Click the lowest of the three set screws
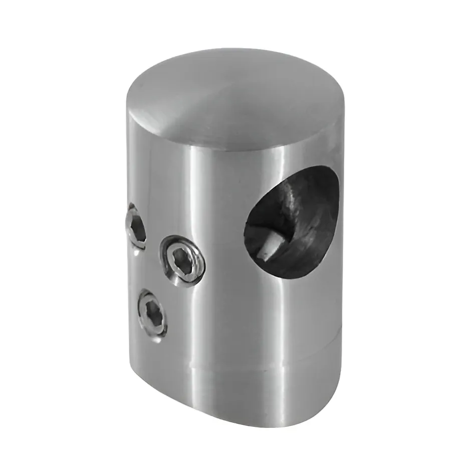152,316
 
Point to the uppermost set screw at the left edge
136,225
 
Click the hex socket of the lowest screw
152,316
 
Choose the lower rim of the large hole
291,273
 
